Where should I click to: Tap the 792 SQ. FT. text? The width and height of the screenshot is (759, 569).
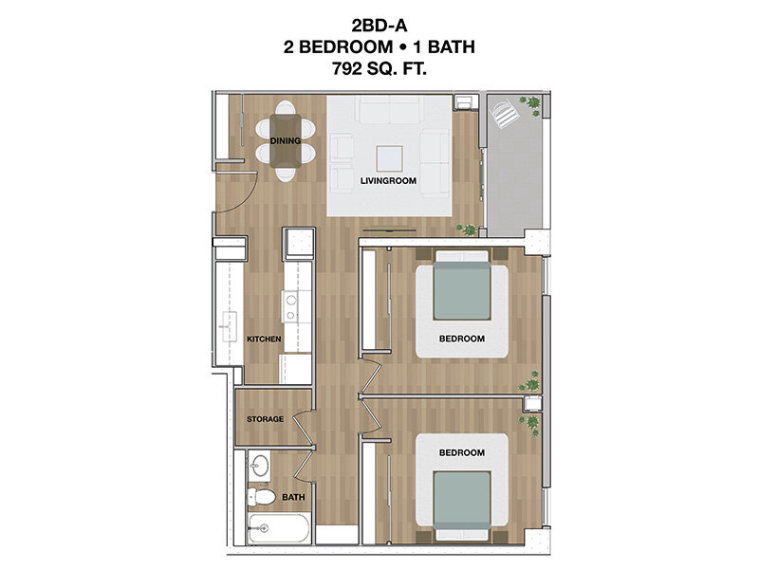379,68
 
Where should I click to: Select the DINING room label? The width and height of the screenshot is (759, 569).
286,141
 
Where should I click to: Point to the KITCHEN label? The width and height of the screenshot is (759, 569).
264,339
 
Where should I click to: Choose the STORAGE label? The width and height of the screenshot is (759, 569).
266,418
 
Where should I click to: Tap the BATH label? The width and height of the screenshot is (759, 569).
293,496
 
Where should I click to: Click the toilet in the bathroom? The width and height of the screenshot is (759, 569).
262,497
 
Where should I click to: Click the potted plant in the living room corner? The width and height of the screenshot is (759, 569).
466,228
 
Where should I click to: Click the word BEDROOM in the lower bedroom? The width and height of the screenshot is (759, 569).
462,452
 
